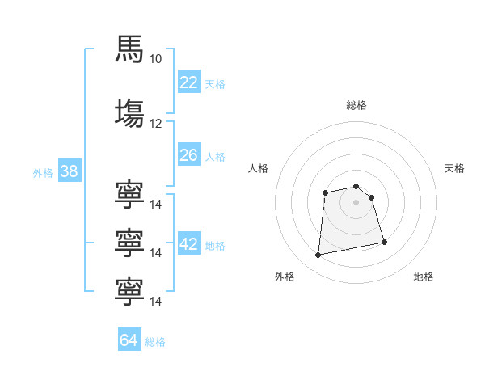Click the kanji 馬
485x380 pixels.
pyautogui.click(x=129, y=49)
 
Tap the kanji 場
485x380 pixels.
pyautogui.click(x=129, y=113)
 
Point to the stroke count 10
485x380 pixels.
pyautogui.click(x=155, y=59)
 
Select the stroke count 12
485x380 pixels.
pyautogui.click(x=155, y=124)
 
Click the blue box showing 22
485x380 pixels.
pyautogui.click(x=189, y=82)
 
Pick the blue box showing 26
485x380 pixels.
pyautogui.click(x=189, y=154)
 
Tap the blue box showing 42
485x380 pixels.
pyautogui.click(x=189, y=243)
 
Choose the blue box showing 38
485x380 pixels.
pyautogui.click(x=70, y=171)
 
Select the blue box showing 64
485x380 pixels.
pyautogui.click(x=129, y=339)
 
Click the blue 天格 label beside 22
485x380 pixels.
pyautogui.click(x=215, y=84)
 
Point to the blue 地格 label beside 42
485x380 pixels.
pyautogui.click(x=215, y=246)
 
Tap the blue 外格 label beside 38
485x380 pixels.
pyautogui.click(x=43, y=173)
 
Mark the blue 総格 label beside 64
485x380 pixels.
pyautogui.click(x=155, y=342)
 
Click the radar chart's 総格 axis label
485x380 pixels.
pyautogui.click(x=356, y=105)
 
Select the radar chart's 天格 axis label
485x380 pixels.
pyautogui.click(x=454, y=168)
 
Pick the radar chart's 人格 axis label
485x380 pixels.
pyautogui.click(x=258, y=168)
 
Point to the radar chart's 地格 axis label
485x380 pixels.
pyautogui.click(x=424, y=277)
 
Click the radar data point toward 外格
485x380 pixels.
pyautogui.click(x=318, y=255)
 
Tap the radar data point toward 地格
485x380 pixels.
pyautogui.click(x=385, y=242)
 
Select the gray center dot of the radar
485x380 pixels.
pyautogui.click(x=356, y=202)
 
